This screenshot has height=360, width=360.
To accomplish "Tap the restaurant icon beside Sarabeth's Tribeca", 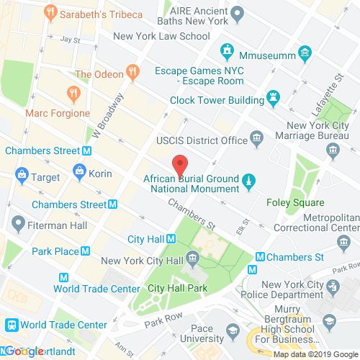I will [x=50, y=12].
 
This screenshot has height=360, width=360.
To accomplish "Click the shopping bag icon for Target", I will [x=22, y=175].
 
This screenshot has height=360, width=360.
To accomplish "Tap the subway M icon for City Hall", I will [x=172, y=239].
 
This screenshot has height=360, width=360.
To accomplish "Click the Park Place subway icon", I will [x=86, y=251].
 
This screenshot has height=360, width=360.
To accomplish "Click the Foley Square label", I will [x=295, y=203].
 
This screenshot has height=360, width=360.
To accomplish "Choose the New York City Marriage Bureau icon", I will [x=333, y=150].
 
